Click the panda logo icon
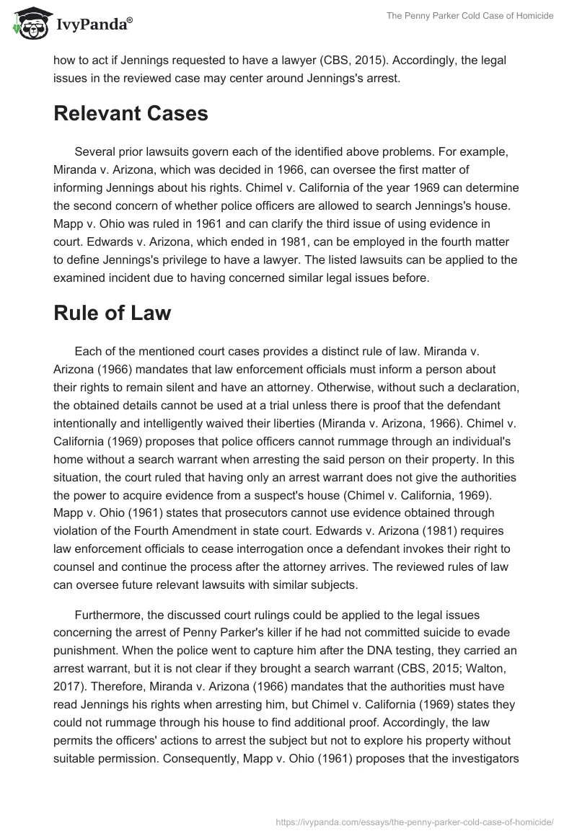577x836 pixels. [27, 23]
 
